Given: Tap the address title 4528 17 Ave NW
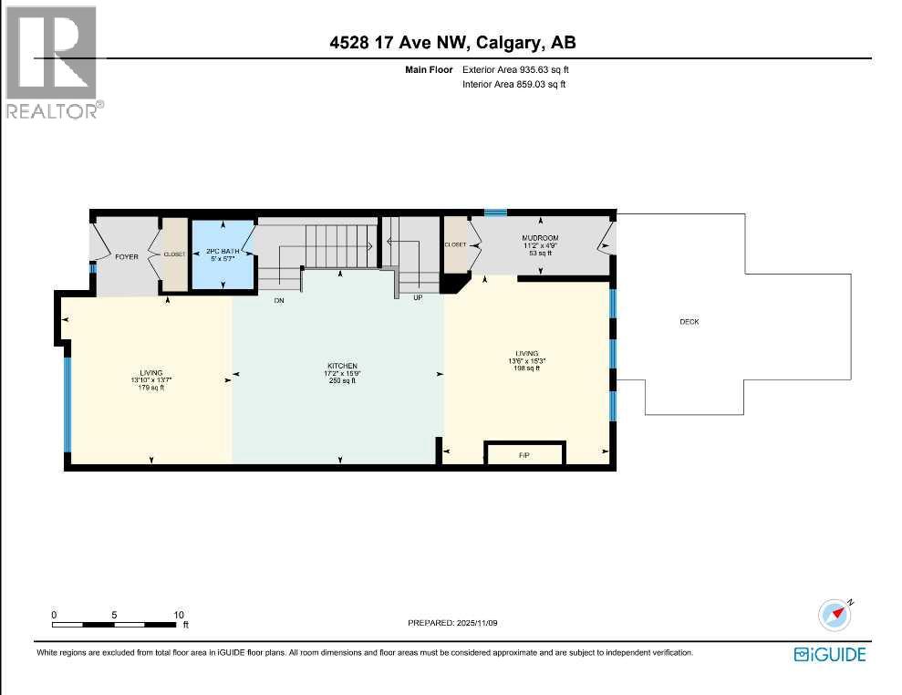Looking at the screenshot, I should pyautogui.click(x=451, y=42).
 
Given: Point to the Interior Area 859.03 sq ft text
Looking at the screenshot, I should pyautogui.click(x=515, y=84).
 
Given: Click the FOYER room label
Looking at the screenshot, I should pyautogui.click(x=126, y=257).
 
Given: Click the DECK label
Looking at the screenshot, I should pyautogui.click(x=689, y=322).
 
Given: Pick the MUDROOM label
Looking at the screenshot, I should pyautogui.click(x=540, y=238).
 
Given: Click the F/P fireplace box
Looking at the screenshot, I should pyautogui.click(x=524, y=453).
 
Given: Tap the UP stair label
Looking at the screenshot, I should pyautogui.click(x=418, y=298).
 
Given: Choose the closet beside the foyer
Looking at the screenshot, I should pyautogui.click(x=174, y=255).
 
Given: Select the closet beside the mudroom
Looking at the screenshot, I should pyautogui.click(x=455, y=244).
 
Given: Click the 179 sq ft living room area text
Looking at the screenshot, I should pyautogui.click(x=150, y=389).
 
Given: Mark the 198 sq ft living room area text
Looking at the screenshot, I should pyautogui.click(x=526, y=369).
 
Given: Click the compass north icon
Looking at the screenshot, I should pyautogui.click(x=835, y=617).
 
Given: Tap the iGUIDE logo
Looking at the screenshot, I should pyautogui.click(x=829, y=654).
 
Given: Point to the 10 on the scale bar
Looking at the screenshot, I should pyautogui.click(x=179, y=614).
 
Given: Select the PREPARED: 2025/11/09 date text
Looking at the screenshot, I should pyautogui.click(x=458, y=622).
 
